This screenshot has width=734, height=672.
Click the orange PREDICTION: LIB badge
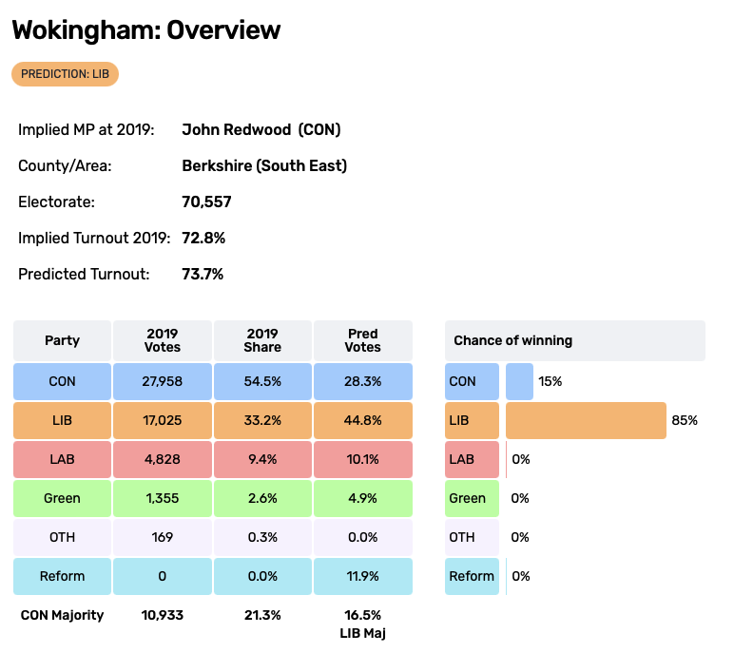[65, 74]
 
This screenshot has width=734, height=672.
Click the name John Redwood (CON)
[261, 129]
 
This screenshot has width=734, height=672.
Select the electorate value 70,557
[206, 202]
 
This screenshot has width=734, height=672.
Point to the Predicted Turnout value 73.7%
[203, 274]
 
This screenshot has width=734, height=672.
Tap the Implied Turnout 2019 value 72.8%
[203, 238]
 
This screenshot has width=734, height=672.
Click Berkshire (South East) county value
[264, 165]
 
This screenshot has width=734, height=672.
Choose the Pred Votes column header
[362, 340]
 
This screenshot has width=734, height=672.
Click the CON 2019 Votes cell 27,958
[163, 381]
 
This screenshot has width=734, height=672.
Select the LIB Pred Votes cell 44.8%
[362, 420]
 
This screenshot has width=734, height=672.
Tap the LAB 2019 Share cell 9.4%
[262, 459]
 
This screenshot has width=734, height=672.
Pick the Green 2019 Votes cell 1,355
[163, 498]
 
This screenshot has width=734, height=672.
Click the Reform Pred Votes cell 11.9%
[362, 576]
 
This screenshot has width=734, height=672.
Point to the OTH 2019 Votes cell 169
[163, 537]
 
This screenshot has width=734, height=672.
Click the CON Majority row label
[62, 615]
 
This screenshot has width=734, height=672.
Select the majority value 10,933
[163, 615]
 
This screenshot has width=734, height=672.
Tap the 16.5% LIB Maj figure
[362, 623]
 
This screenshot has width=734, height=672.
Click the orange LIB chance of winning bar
[586, 420]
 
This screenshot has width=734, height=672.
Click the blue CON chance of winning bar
[519, 381]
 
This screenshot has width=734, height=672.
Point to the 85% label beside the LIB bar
[685, 420]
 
